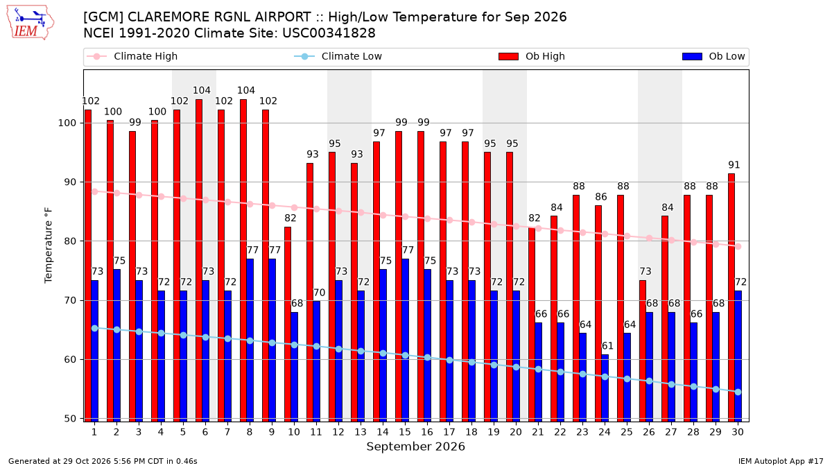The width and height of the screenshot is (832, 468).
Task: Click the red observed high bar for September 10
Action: [x=288, y=324]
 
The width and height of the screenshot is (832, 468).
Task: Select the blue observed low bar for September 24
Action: [x=605, y=388]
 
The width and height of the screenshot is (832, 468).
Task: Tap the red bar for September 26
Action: [x=643, y=351]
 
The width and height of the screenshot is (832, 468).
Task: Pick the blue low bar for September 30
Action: [x=738, y=356]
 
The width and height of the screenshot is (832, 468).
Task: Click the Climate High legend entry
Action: [x=132, y=56]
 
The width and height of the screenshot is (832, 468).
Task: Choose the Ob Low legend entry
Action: [x=713, y=56]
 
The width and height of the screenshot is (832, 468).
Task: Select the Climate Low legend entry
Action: [x=338, y=56]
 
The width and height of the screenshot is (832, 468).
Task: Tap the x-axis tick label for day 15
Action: [x=405, y=432]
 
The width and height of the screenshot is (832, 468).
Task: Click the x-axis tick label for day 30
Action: [x=738, y=432]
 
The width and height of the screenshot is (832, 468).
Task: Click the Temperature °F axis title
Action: [x=49, y=245]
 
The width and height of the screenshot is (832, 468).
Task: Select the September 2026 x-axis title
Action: [x=415, y=447]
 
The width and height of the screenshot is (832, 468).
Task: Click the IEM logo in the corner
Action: [x=30, y=23]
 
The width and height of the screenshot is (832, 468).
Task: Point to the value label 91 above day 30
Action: [x=734, y=165]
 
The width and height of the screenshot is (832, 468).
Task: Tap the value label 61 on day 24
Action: [x=607, y=346]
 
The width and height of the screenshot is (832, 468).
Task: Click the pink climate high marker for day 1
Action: [x=95, y=191]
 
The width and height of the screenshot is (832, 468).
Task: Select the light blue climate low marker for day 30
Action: [x=738, y=392]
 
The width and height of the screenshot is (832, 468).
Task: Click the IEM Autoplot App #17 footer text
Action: [x=781, y=461]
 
